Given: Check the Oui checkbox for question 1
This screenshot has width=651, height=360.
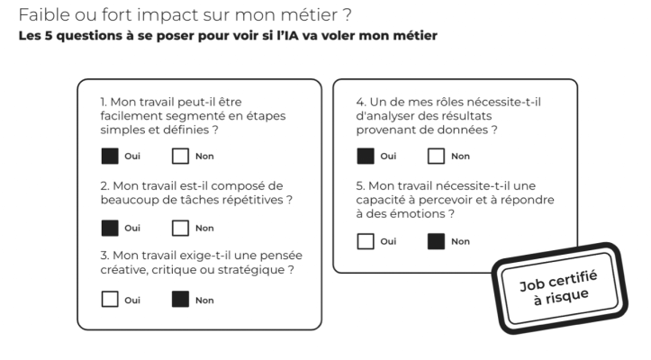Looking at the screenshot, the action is tap(110, 156).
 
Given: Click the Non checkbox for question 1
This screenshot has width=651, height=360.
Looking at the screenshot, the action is tap(181, 156).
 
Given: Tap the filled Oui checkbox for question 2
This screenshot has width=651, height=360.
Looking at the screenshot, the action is tap(110, 228).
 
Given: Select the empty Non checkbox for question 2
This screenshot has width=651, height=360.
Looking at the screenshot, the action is tap(181, 228).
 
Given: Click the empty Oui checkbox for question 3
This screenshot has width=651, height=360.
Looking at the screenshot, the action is tap(110, 300).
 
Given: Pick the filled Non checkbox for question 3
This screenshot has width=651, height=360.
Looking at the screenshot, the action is tap(181, 300).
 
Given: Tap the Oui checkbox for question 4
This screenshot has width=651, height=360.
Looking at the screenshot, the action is tap(366, 156).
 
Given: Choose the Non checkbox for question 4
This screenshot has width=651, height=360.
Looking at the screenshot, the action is tap(437, 156).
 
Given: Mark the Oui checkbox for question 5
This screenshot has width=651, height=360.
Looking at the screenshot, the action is tap(366, 241).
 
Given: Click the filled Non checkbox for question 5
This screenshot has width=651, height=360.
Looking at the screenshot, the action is tap(437, 241).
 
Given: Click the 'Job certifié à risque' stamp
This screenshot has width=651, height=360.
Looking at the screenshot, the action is tap(559, 287).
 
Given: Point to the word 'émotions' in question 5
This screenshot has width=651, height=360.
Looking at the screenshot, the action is tap(418, 214).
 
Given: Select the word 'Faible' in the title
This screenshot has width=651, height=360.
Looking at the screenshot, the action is tap(44, 15).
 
